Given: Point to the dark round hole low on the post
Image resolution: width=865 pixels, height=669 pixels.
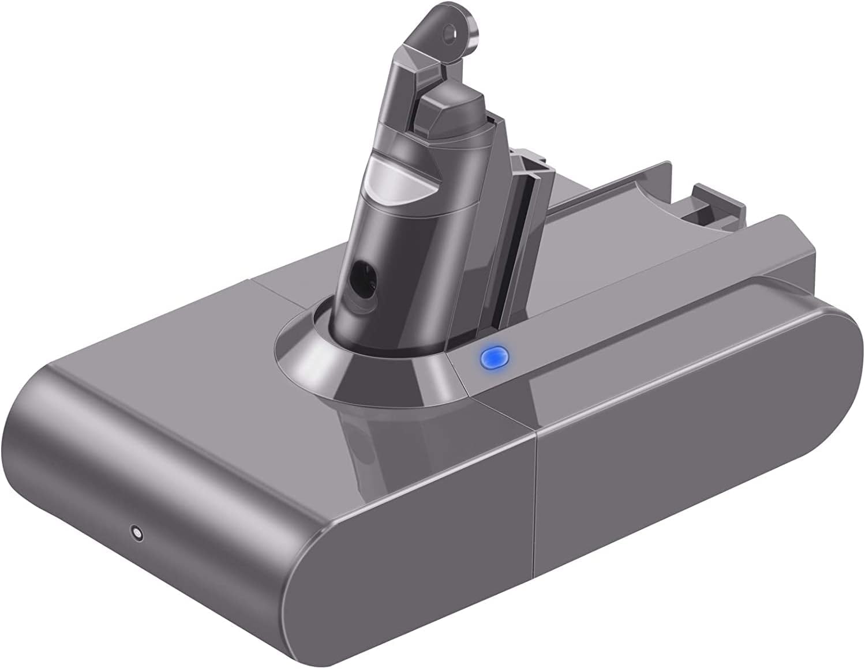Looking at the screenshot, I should click(365, 270).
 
